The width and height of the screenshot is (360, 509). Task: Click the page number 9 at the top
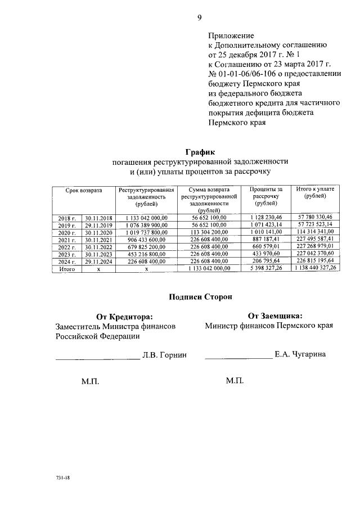click(x=199, y=17)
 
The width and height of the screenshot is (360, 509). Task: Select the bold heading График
click(x=200, y=151)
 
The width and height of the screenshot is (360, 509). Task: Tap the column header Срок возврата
click(x=83, y=191)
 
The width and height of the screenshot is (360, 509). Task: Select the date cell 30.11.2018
click(x=98, y=217)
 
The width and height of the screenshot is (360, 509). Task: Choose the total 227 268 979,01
click(x=315, y=247)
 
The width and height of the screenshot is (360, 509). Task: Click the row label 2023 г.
click(x=66, y=254)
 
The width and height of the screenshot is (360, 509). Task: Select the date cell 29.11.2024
click(x=98, y=262)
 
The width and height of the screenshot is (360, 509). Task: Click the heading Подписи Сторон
click(x=200, y=296)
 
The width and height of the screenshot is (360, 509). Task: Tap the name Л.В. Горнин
click(x=164, y=355)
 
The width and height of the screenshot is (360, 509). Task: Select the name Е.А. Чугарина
click(x=300, y=354)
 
